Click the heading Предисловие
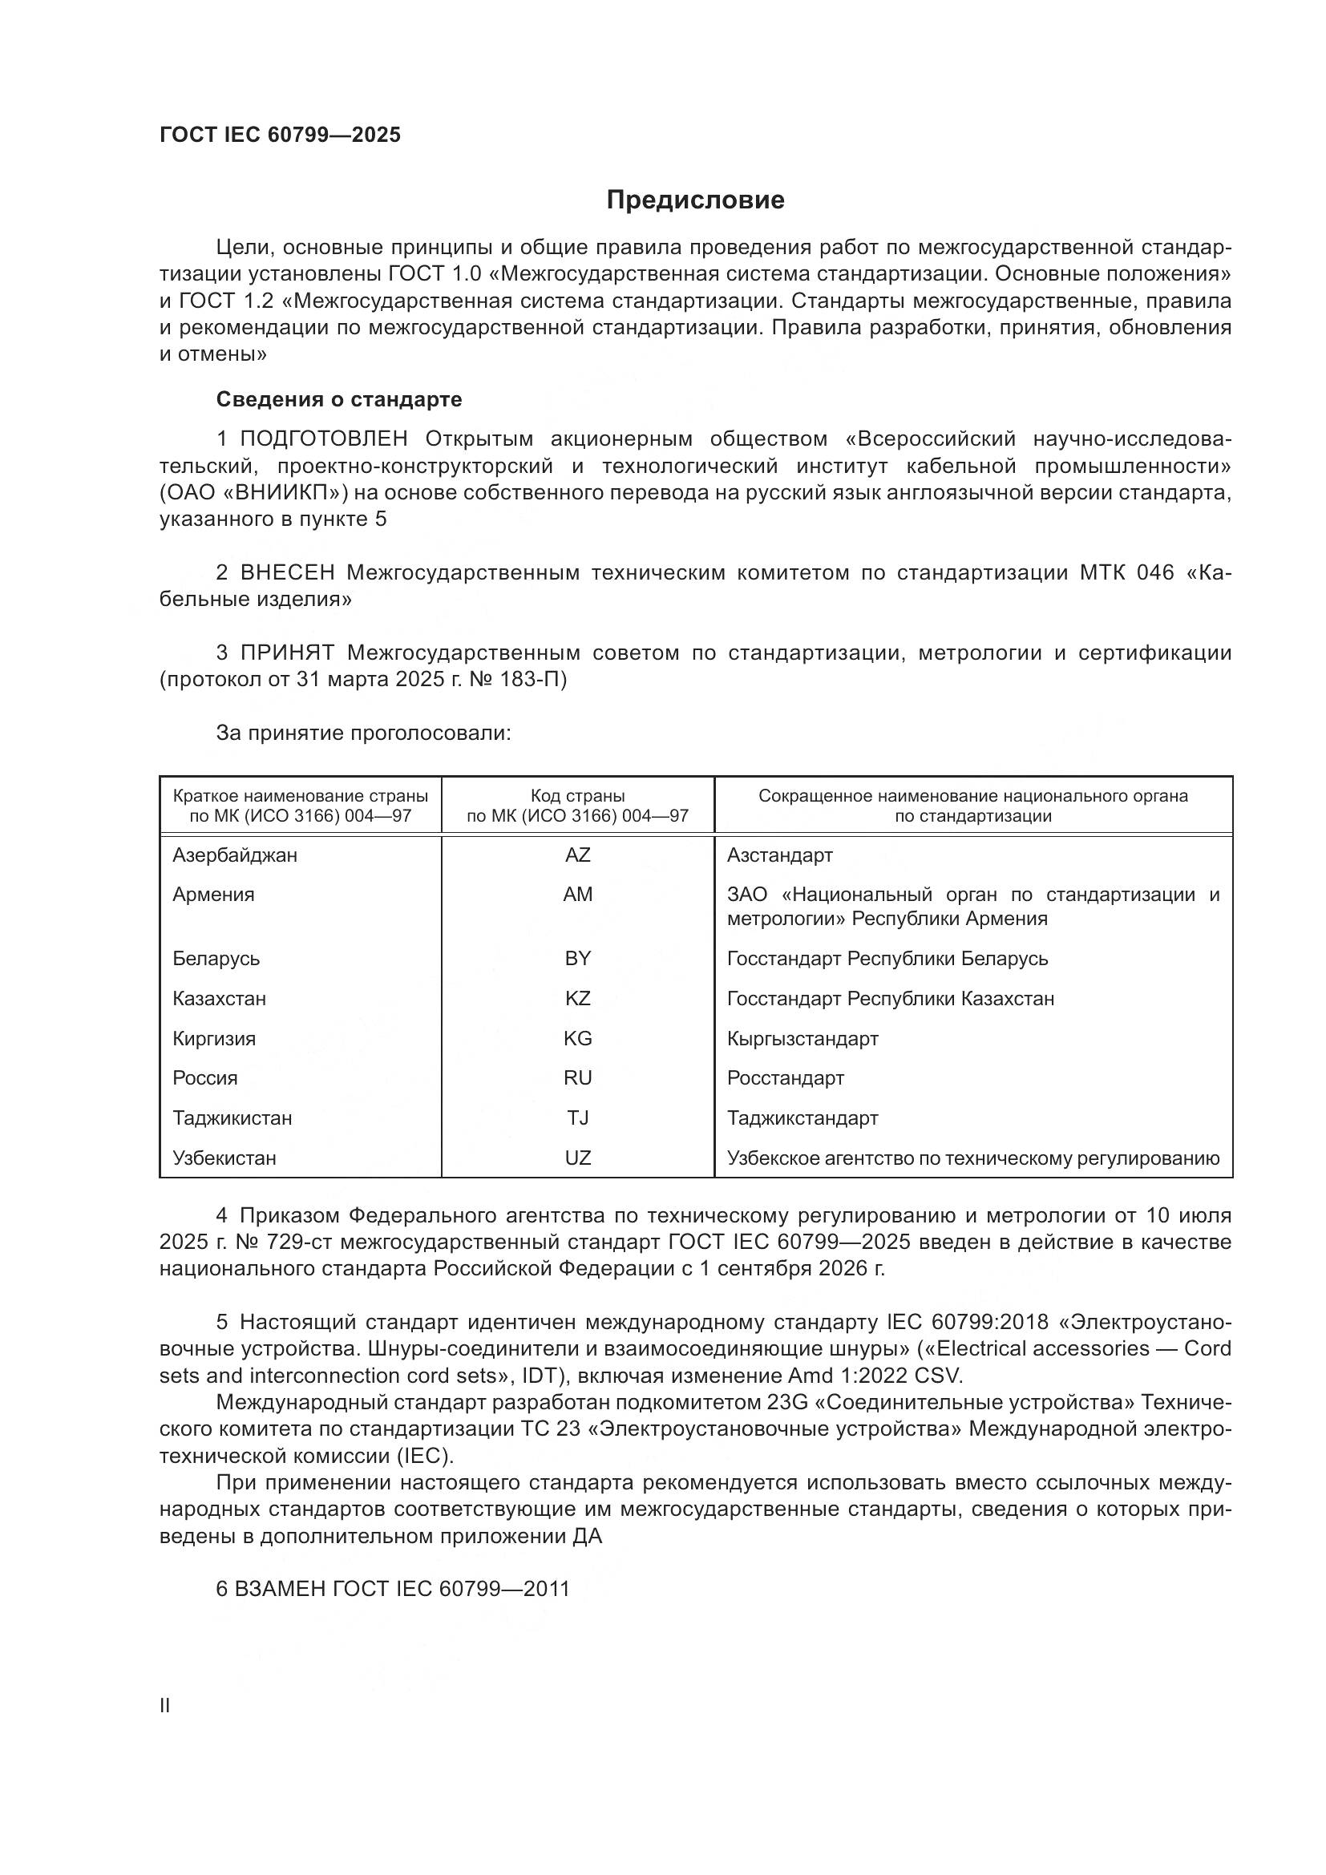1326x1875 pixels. click(695, 200)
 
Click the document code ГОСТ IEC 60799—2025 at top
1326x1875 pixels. click(280, 135)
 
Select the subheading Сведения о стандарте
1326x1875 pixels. click(339, 399)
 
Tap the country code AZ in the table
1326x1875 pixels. click(577, 855)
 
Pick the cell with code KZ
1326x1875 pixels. click(577, 998)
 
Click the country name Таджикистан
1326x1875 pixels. click(232, 1117)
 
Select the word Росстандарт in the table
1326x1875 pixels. click(785, 1077)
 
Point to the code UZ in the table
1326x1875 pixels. click(577, 1158)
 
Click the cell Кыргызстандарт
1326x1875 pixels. click(802, 1038)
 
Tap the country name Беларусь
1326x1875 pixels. click(216, 958)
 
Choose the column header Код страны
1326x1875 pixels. click(577, 795)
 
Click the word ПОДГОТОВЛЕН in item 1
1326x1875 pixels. click(323, 439)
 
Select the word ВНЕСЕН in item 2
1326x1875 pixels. click(288, 572)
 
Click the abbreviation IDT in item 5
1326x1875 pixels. click(539, 1376)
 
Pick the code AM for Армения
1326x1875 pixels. click(577, 895)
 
